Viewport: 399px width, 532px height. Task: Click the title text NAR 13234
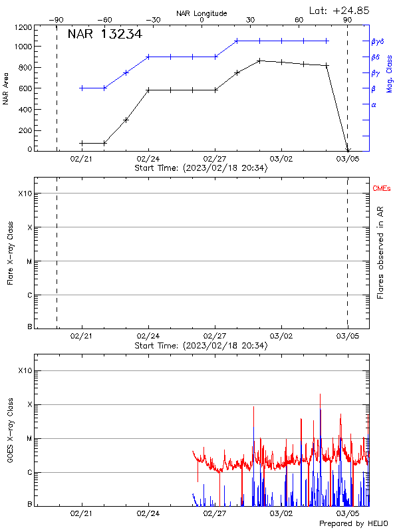pos(104,35)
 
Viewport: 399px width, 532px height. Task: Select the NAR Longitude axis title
pos(201,13)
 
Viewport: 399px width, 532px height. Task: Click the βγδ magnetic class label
pos(378,41)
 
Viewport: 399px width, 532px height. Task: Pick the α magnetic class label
pos(374,105)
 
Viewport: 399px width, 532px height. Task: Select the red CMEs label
pos(382,190)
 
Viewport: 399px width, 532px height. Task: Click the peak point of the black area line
pos(259,61)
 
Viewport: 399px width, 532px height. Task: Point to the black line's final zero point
pos(347,151)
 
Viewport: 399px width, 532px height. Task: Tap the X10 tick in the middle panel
pos(25,194)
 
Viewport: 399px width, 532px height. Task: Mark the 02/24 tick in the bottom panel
pos(148,513)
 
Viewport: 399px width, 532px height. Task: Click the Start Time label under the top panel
pos(201,168)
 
